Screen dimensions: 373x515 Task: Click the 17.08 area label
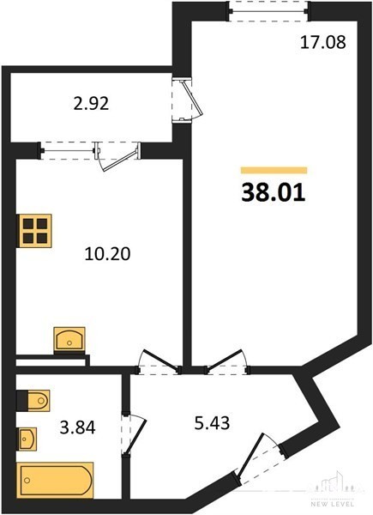tap(322, 43)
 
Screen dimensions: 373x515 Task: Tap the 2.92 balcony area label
tap(91, 104)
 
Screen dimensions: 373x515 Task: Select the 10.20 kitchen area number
tap(107, 254)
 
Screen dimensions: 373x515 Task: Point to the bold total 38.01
tap(274, 193)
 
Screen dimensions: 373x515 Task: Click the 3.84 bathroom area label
tap(77, 428)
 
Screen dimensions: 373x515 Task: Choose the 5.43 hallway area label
tap(212, 423)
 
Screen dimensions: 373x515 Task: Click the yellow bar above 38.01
tap(274, 170)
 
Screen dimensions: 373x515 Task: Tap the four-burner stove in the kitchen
tap(35, 230)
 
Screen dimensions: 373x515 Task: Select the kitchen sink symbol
tap(69, 339)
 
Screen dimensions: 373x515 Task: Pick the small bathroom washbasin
tap(27, 439)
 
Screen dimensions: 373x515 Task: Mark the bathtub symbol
tap(55, 480)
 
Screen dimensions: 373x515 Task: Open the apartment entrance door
tap(258, 459)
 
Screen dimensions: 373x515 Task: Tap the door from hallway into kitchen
tap(159, 362)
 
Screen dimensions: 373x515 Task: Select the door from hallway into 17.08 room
tap(226, 362)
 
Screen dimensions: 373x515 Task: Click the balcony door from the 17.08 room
tap(188, 100)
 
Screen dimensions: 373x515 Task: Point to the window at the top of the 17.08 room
tap(268, 11)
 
